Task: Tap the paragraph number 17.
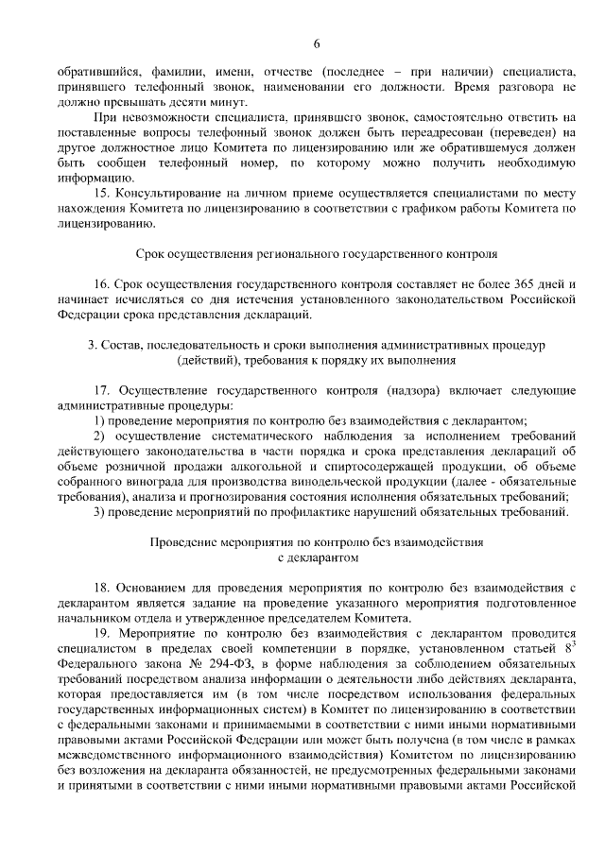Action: (103, 390)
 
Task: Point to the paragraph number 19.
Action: (103, 634)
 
